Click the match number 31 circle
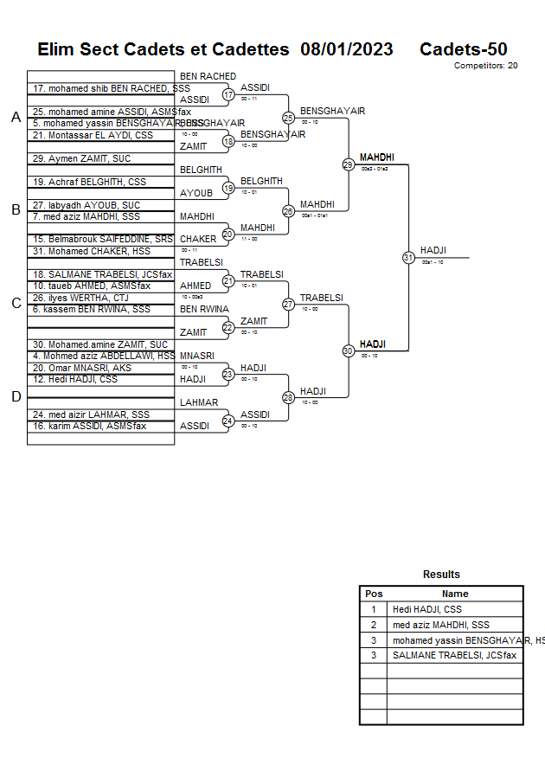point(408,257)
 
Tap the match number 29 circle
point(348,164)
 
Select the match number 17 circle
point(228,95)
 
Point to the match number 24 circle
point(228,421)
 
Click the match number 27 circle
point(288,304)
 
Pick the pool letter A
point(16,118)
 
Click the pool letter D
point(16,396)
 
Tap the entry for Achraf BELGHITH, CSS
point(90,182)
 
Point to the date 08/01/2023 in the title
point(346,49)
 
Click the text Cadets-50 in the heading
point(463,49)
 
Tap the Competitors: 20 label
point(485,66)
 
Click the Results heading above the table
point(441,575)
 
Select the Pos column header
point(374,594)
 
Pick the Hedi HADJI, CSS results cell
point(427,609)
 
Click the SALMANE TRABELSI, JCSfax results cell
point(454,655)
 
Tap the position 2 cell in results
point(374,625)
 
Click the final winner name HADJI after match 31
point(433,250)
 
